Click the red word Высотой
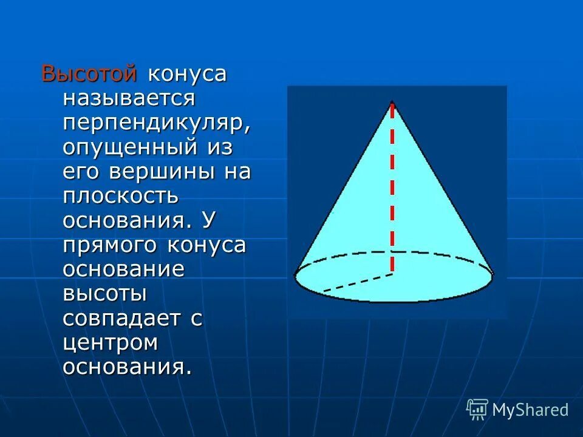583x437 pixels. tap(89, 74)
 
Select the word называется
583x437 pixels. tap(128, 98)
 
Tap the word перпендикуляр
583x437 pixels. tap(156, 123)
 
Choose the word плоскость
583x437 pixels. tap(120, 196)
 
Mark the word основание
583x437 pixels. tap(123, 269)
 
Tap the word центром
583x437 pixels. tap(111, 343)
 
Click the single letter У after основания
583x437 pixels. tap(207, 220)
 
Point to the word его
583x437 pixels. tap(82, 172)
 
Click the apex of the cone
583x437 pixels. tap(392, 101)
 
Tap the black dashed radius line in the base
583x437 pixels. tap(358, 283)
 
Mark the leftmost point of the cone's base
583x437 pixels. tap(295, 277)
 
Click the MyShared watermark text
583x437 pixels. tap(530, 410)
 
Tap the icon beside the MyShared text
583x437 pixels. tap(477, 409)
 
